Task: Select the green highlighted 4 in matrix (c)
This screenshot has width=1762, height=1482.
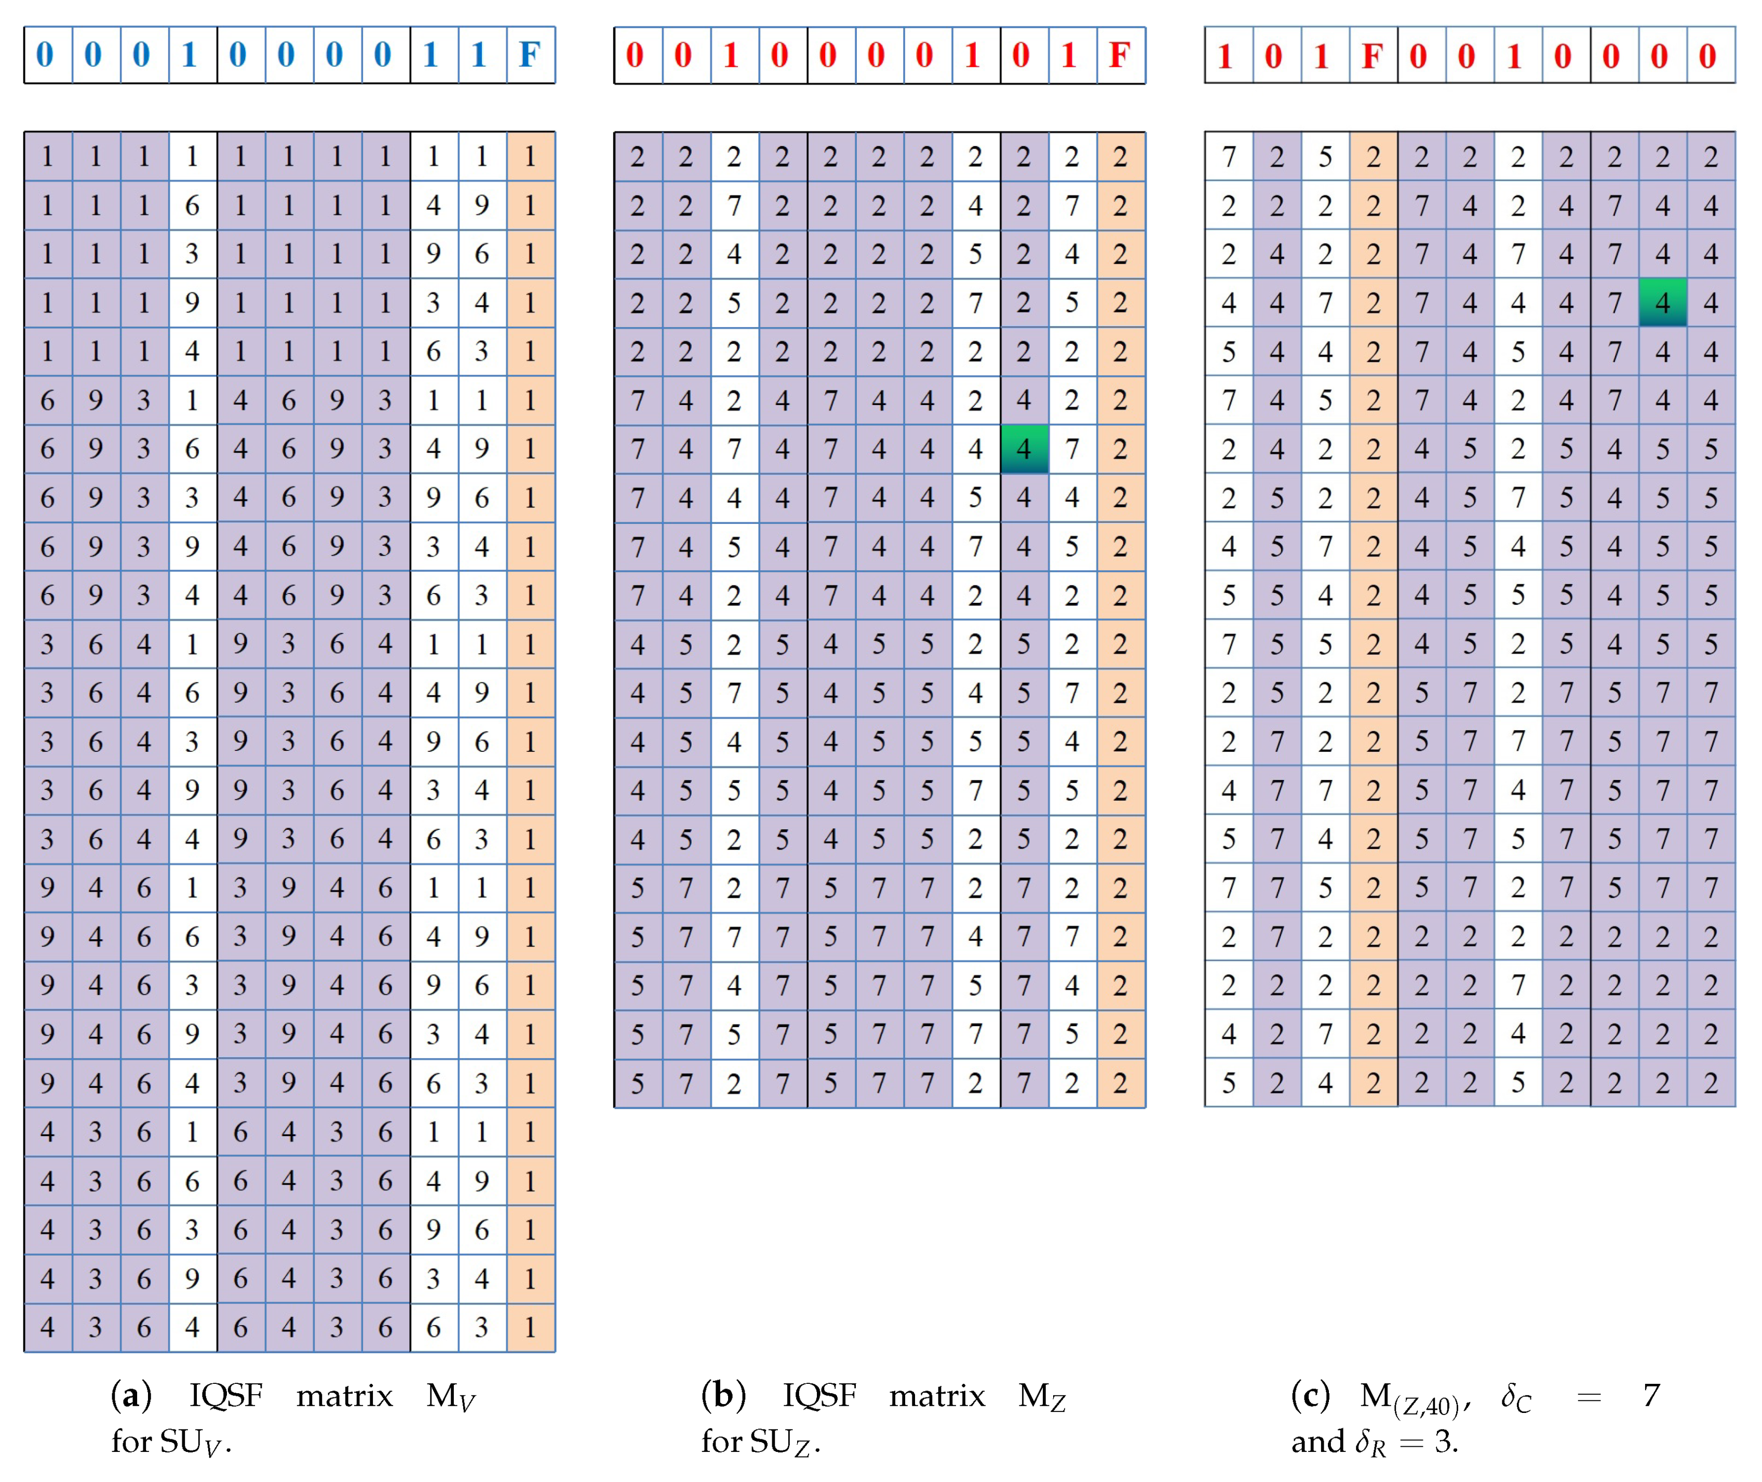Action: click(x=1662, y=302)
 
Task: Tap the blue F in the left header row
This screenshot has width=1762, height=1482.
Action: click(x=529, y=56)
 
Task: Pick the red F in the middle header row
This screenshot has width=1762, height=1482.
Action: click(x=1120, y=56)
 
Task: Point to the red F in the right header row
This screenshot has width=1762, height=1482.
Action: click(x=1372, y=56)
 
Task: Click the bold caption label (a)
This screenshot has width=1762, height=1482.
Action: click(x=131, y=1395)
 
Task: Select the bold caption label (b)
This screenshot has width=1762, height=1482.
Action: click(x=723, y=1395)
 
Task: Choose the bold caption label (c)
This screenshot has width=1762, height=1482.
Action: click(x=1311, y=1395)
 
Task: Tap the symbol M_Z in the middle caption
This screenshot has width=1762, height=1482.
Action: click(x=1042, y=1397)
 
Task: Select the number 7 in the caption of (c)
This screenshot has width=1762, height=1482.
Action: click(x=1651, y=1395)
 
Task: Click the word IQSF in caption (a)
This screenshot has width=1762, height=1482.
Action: click(x=226, y=1395)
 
